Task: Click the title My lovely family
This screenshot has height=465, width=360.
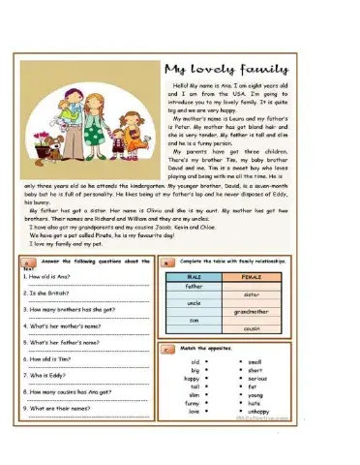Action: pyautogui.click(x=225, y=70)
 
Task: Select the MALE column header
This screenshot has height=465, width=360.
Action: pyautogui.click(x=194, y=276)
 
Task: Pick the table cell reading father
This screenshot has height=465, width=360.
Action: pyautogui.click(x=194, y=287)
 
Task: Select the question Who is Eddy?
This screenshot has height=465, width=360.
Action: pyautogui.click(x=48, y=374)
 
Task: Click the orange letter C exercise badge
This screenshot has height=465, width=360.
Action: pyautogui.click(x=166, y=349)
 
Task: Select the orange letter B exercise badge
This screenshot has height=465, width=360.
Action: pyautogui.click(x=166, y=262)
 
